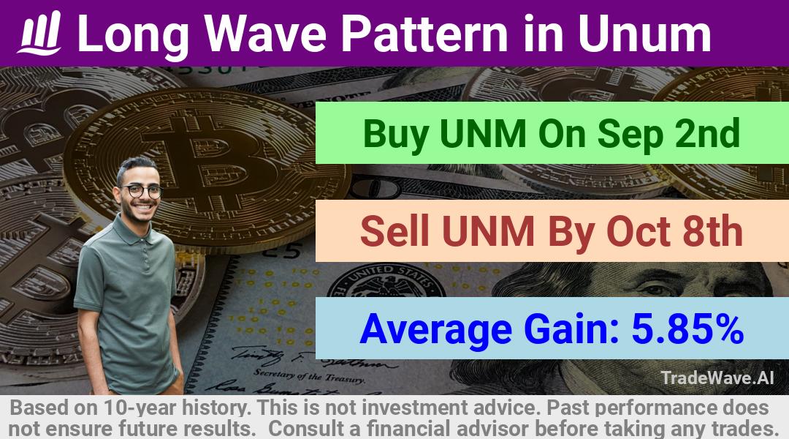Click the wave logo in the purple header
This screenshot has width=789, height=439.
[39, 33]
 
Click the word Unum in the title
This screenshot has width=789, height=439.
[644, 33]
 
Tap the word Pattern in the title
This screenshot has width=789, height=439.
[424, 33]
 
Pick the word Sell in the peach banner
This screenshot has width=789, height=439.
[395, 230]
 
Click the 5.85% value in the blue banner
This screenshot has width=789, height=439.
[687, 329]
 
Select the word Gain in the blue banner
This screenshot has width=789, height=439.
[571, 329]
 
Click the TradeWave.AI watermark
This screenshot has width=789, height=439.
[717, 378]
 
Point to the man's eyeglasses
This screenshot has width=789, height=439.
[142, 191]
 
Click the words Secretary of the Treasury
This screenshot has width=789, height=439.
[308, 376]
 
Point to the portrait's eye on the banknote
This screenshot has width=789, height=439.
[654, 290]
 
